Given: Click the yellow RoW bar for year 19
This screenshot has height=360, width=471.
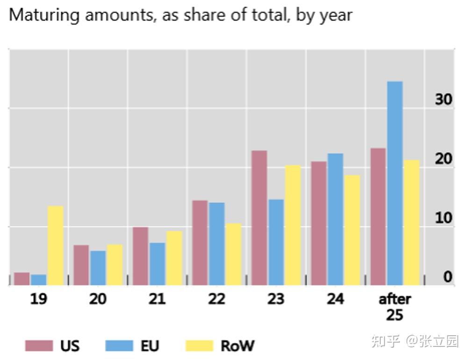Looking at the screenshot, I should pyautogui.click(x=55, y=245).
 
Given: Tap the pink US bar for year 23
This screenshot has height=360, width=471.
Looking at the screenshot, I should pyautogui.click(x=259, y=218).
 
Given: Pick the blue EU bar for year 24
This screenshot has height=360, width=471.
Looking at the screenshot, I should pyautogui.click(x=335, y=219).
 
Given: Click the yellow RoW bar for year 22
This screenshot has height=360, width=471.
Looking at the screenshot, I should pyautogui.click(x=234, y=254).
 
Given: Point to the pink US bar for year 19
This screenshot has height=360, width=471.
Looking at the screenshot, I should pyautogui.click(x=22, y=279).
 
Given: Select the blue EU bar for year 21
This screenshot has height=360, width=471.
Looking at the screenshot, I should pyautogui.click(x=157, y=264).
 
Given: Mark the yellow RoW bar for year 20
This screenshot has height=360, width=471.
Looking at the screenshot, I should pyautogui.click(x=114, y=265).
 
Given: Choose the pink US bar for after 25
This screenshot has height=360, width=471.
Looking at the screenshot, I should pyautogui.click(x=378, y=217).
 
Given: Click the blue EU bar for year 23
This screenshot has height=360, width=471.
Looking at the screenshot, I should pyautogui.click(x=276, y=242).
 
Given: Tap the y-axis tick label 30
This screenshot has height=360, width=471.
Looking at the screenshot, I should pyautogui.click(x=443, y=100).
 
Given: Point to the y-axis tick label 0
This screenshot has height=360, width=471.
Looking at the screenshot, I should pyautogui.click(x=448, y=277).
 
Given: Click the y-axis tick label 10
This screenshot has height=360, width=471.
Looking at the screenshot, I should pyautogui.click(x=443, y=218).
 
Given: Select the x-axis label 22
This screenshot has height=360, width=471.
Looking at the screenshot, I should pyautogui.click(x=216, y=299).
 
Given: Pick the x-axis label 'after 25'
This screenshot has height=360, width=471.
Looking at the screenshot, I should pyautogui.click(x=394, y=307).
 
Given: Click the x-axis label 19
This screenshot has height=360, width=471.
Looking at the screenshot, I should pyautogui.click(x=38, y=299).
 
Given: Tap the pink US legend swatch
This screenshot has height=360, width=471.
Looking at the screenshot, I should pyautogui.click(x=39, y=346).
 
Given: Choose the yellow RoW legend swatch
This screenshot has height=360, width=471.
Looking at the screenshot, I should pyautogui.click(x=200, y=346).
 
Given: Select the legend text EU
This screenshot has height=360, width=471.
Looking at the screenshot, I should pyautogui.click(x=150, y=346).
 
